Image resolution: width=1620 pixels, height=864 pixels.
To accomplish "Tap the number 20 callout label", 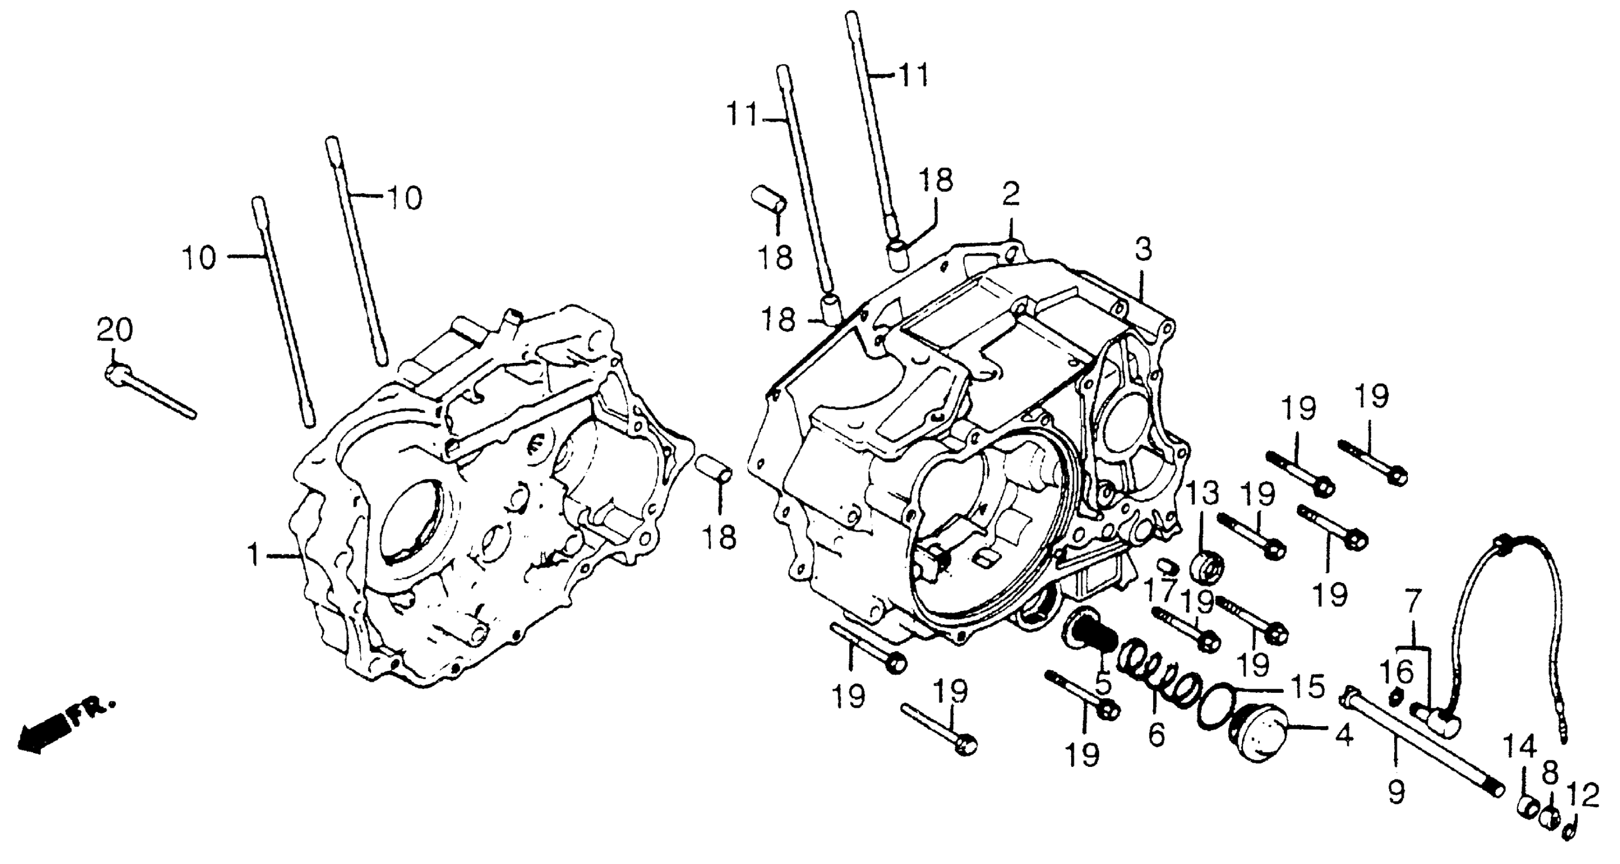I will click(x=115, y=329).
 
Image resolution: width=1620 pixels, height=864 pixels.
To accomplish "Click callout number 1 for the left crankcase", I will click(x=253, y=556).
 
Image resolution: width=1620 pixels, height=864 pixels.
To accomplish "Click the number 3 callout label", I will click(x=1143, y=250).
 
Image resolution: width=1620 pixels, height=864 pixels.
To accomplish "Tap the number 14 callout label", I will click(x=1519, y=747).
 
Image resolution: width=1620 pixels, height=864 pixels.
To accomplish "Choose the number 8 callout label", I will click(x=1550, y=773).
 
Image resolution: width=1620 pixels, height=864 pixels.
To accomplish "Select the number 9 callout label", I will click(x=1396, y=793).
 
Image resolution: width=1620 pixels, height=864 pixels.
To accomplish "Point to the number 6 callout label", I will click(x=1156, y=734).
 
